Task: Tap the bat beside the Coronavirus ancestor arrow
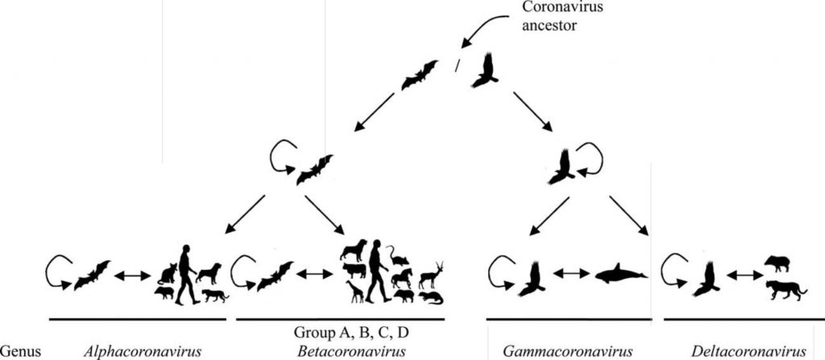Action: [x=419, y=75]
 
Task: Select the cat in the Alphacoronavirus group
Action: [x=168, y=274]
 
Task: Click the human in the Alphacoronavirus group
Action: [x=187, y=275]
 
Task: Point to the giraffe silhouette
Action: [x=354, y=292]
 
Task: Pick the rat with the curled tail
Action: [x=398, y=256]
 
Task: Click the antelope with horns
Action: [x=431, y=275]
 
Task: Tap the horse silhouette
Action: [x=402, y=278]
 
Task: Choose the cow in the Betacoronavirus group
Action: [x=354, y=271]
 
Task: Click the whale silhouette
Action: [x=621, y=274]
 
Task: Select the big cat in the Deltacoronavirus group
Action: [x=786, y=290]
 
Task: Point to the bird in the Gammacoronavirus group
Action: [x=532, y=278]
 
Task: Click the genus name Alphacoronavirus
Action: [x=142, y=351]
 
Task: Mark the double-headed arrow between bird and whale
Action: [x=570, y=273]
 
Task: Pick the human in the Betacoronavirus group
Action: [x=379, y=271]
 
